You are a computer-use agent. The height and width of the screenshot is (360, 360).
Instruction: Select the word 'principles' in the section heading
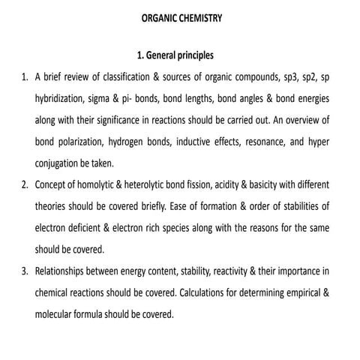pos(192,55)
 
